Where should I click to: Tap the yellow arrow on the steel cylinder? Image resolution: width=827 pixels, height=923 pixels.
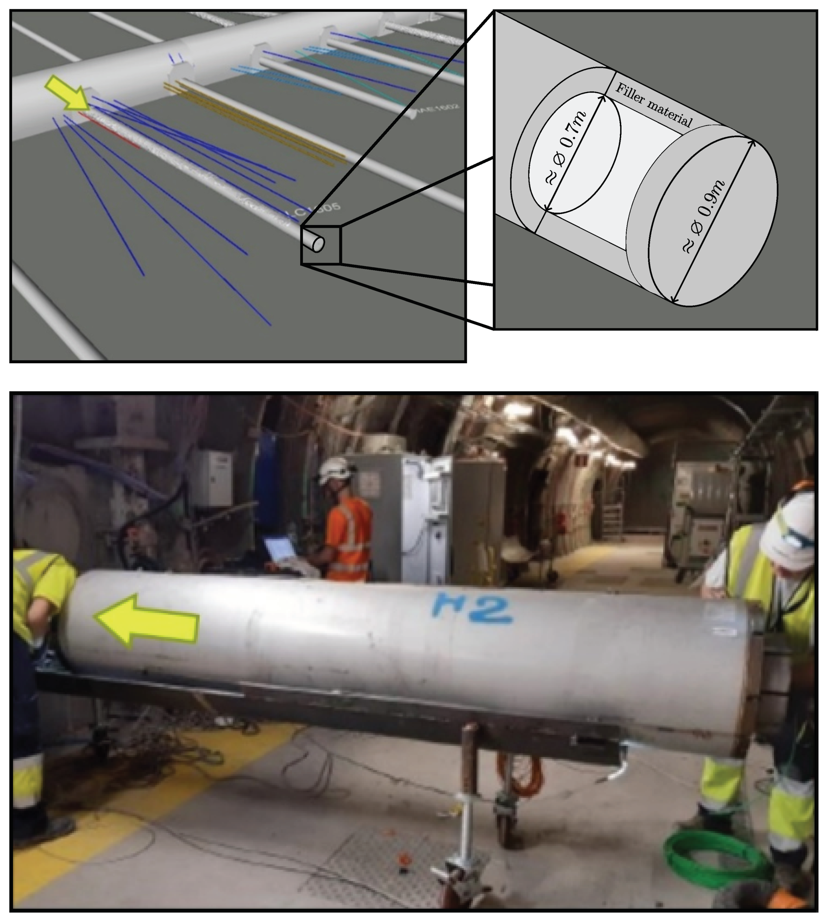tap(148, 620)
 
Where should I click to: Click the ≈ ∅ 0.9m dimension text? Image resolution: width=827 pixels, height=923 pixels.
tap(704, 216)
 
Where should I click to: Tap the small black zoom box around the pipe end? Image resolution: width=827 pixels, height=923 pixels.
tap(320, 245)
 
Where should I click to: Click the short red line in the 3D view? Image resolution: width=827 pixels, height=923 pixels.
tap(109, 130)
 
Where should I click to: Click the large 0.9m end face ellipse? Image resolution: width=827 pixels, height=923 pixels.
tap(713, 221)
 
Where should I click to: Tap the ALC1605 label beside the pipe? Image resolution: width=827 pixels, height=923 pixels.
tap(314, 210)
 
